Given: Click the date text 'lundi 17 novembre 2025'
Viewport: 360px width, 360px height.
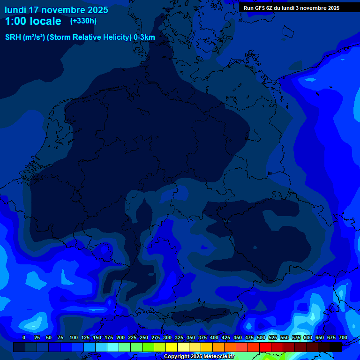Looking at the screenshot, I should pyautogui.click(x=56, y=10).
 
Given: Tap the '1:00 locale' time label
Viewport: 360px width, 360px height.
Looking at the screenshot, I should pyautogui.click(x=33, y=21).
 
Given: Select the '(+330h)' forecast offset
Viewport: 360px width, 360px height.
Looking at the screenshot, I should pyautogui.click(x=83, y=21).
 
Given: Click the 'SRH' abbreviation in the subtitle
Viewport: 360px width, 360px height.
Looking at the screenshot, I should pyautogui.click(x=13, y=37).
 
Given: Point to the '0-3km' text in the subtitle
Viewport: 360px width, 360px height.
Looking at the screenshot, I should pyautogui.click(x=144, y=37).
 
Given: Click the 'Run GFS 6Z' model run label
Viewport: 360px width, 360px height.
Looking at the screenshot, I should pyautogui.click(x=259, y=8).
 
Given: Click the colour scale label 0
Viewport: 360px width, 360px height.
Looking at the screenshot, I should pyautogui.click(x=24, y=337).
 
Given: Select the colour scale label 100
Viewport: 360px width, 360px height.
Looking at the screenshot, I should pyautogui.click(x=74, y=337).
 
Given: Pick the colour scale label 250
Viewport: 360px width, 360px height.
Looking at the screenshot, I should pyautogui.click(x=144, y=337).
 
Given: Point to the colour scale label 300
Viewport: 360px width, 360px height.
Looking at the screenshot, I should pyautogui.click(x=167, y=337).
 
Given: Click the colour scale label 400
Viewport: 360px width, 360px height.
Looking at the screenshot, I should pyautogui.click(x=214, y=337).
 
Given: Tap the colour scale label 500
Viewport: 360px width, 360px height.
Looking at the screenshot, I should pyautogui.click(x=261, y=337).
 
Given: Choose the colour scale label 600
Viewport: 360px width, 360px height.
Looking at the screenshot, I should pyautogui.click(x=308, y=337).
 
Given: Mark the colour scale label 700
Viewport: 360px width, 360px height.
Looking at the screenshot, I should pyautogui.click(x=343, y=337).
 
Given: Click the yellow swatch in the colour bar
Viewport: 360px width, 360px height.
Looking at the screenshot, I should pyautogui.click(x=172, y=347).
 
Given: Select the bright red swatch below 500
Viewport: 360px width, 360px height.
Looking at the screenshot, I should pyautogui.click(x=265, y=347).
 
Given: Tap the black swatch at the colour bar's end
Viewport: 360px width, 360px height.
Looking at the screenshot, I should pyautogui.click(x=336, y=347).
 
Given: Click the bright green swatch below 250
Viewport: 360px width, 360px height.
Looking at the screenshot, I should pyautogui.click(x=148, y=347).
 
